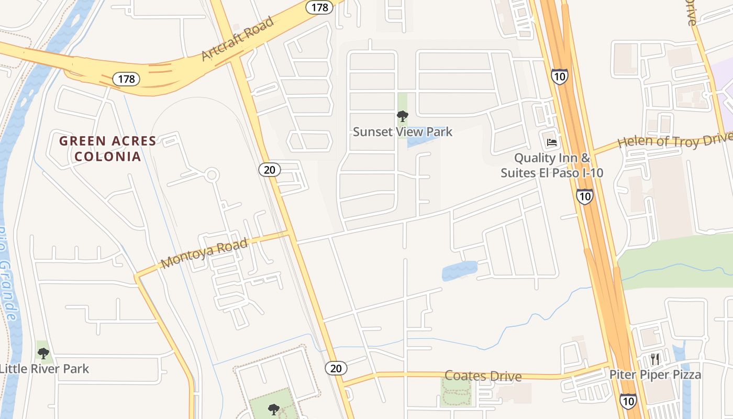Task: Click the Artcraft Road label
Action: (x=237, y=38)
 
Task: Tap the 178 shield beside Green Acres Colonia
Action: (x=126, y=79)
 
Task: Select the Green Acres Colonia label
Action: (x=107, y=148)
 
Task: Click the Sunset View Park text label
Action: (x=402, y=131)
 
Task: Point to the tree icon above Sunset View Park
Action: (x=402, y=116)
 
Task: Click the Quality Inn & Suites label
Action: (x=552, y=165)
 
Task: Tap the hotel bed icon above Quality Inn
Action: (x=551, y=142)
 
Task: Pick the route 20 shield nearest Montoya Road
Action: (x=270, y=169)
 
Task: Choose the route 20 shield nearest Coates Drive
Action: (x=336, y=368)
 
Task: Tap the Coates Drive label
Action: (x=483, y=376)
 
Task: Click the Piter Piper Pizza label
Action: (x=654, y=374)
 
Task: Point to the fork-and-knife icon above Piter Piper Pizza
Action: (x=654, y=359)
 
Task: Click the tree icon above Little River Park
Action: (x=43, y=353)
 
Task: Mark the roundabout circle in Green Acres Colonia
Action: (x=212, y=175)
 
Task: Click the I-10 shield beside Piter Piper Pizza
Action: (x=628, y=401)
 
